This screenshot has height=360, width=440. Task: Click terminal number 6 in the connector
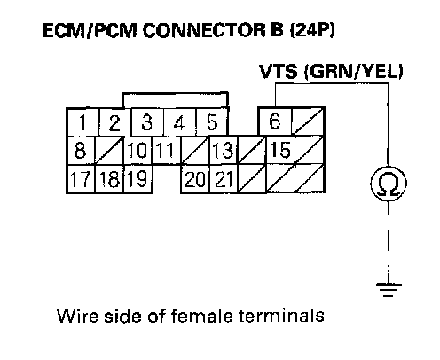(275, 121)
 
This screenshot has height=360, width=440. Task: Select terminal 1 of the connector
(82, 122)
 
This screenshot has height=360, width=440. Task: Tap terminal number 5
(212, 122)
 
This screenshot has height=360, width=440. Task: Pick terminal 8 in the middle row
(81, 150)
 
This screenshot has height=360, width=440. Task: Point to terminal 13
(224, 150)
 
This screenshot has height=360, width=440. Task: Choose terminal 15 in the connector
(280, 150)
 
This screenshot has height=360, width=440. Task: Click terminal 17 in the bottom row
(81, 179)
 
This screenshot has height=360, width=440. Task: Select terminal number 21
(224, 179)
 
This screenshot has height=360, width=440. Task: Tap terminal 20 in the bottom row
(195, 179)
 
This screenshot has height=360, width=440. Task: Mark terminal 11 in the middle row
(167, 150)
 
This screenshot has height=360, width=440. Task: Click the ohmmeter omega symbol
(389, 184)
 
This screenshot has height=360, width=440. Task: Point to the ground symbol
(389, 290)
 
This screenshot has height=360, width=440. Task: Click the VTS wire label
(279, 71)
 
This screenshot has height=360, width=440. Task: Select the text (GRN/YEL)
(354, 72)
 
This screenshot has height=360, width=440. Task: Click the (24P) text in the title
(312, 30)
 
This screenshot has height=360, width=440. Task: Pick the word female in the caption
(202, 316)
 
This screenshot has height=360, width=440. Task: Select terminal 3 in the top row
(147, 122)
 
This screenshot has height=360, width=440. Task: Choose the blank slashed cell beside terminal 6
(308, 121)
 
